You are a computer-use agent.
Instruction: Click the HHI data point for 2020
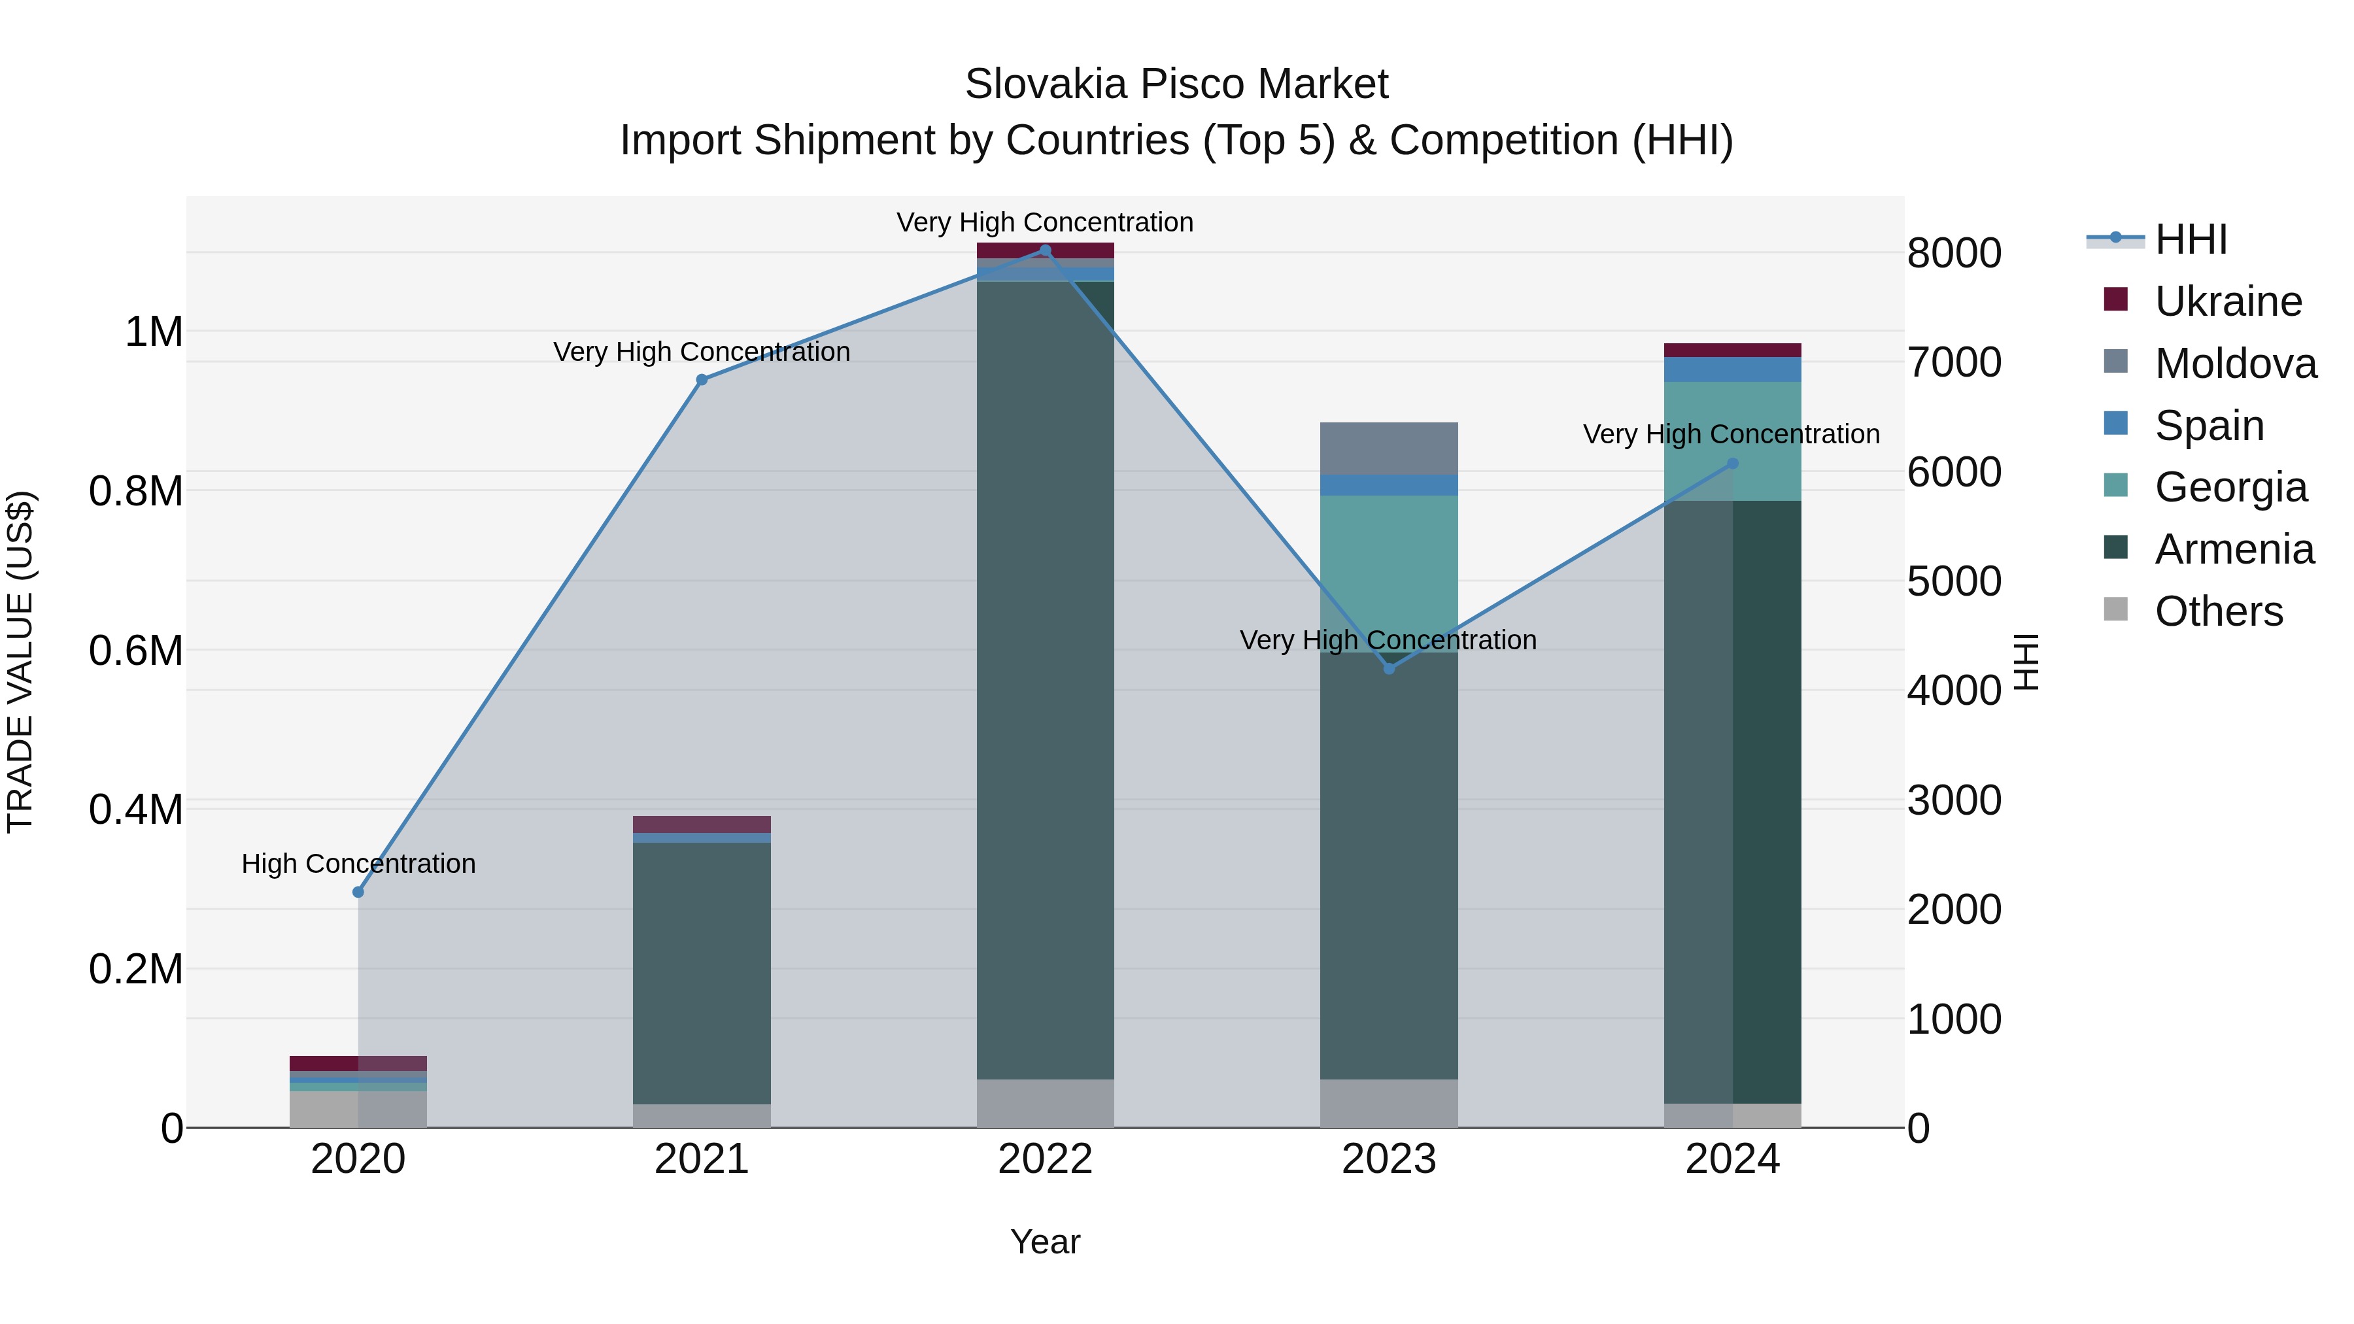coord(358,892)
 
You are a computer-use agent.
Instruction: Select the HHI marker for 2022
coord(1046,250)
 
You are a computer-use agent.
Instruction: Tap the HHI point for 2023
coord(1389,669)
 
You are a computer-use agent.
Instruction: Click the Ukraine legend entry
coord(2228,301)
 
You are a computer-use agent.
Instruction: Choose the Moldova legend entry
coord(2235,364)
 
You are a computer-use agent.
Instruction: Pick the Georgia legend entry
coord(2230,487)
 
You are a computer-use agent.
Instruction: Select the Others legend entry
coord(2218,611)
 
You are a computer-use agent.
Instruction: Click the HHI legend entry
coord(2191,239)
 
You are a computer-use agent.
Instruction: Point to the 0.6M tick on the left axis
coord(136,651)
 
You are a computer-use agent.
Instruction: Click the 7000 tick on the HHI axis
coord(1954,363)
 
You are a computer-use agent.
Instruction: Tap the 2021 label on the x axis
coord(702,1159)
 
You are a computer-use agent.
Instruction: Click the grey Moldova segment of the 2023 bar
coord(1389,449)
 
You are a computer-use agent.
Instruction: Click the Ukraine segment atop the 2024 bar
coord(1733,350)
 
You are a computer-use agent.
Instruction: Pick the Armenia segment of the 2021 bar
coord(702,973)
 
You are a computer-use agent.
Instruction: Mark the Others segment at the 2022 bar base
coord(1046,1103)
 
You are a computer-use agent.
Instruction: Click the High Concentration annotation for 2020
coord(358,864)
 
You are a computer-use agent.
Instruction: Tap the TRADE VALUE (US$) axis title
coord(21,662)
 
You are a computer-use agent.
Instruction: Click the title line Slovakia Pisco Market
coord(1176,84)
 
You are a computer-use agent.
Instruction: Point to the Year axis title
coord(1046,1242)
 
